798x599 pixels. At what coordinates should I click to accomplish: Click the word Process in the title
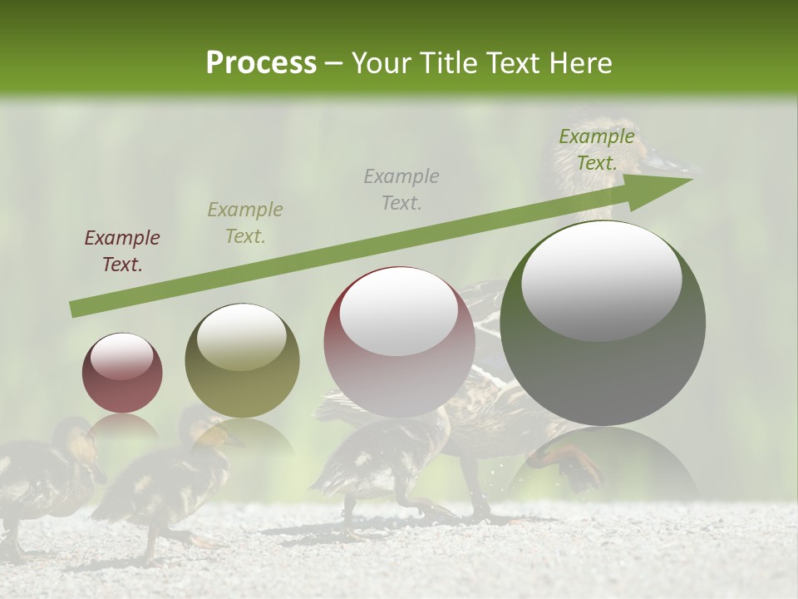pyautogui.click(x=261, y=62)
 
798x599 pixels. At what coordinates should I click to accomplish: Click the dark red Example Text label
pyautogui.click(x=122, y=251)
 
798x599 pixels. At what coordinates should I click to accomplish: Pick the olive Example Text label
pyautogui.click(x=245, y=222)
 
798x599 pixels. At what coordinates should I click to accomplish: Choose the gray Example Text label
pyautogui.click(x=401, y=189)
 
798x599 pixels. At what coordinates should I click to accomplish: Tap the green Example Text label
pyautogui.click(x=597, y=150)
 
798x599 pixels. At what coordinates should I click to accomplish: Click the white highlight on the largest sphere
pyautogui.click(x=601, y=280)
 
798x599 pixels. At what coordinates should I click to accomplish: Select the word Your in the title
pyautogui.click(x=382, y=62)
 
